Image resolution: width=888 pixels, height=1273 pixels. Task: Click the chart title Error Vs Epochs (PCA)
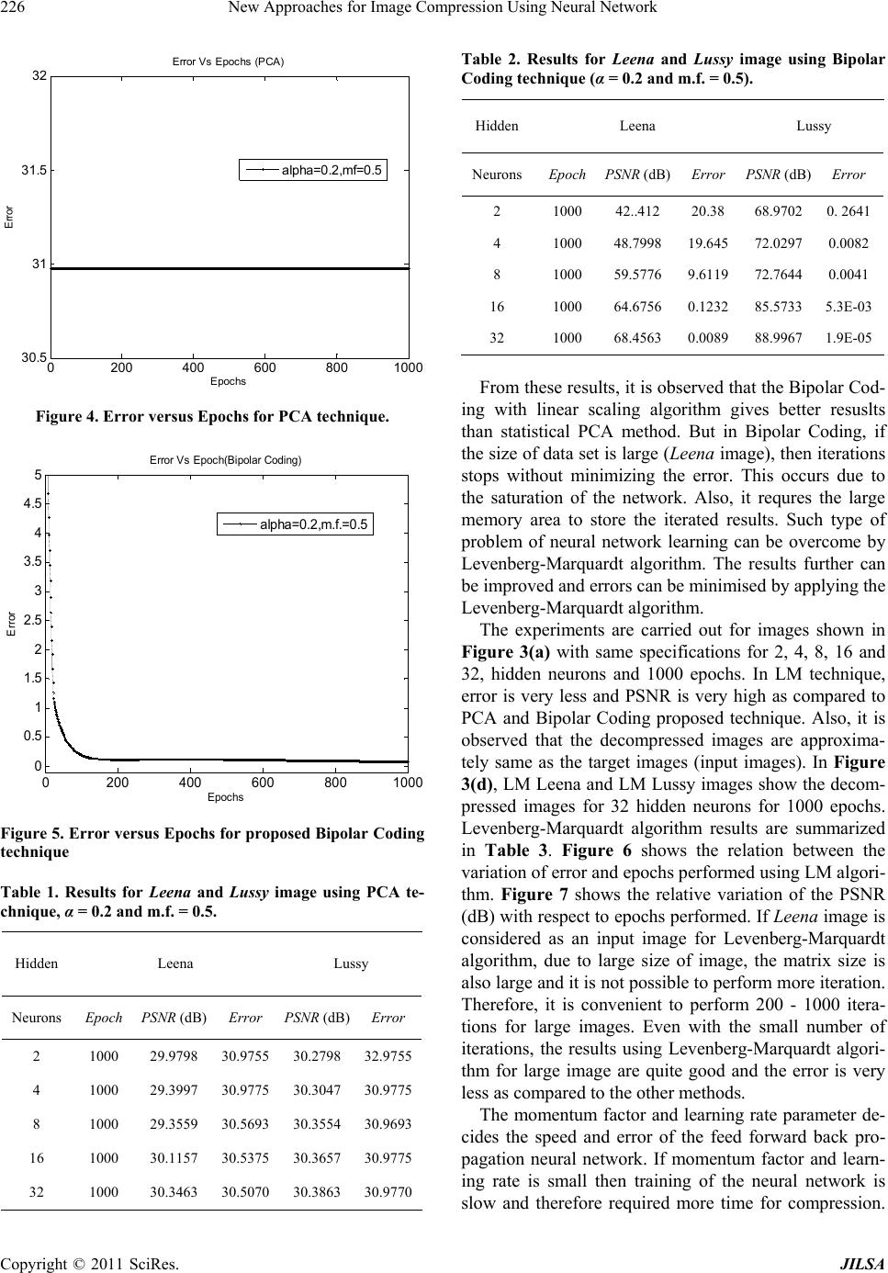coord(229,62)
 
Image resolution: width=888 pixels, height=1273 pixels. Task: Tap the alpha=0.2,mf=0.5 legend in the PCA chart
coord(313,169)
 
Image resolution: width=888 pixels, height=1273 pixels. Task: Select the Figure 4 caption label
coord(212,417)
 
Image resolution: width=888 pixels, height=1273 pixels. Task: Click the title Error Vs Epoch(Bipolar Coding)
coord(225,460)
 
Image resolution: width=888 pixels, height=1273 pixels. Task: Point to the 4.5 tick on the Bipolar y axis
coord(33,503)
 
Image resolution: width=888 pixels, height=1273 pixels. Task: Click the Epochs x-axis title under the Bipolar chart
coord(225,796)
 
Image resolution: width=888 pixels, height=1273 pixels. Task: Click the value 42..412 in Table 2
coord(636,210)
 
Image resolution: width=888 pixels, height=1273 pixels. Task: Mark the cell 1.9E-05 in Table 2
coord(849,337)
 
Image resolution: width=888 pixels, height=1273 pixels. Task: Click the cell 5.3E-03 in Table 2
coord(849,306)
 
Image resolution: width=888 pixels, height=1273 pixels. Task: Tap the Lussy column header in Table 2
coord(814,125)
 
